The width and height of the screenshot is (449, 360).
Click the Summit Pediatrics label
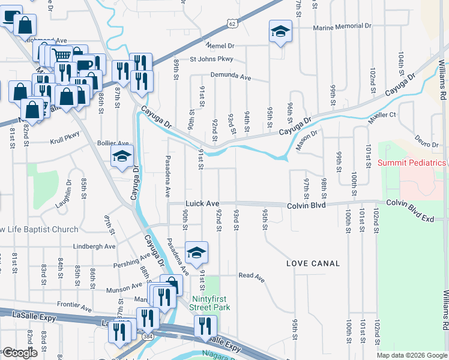(412, 163)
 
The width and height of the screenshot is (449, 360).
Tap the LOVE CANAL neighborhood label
(313, 263)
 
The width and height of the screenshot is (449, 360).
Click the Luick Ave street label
(202, 204)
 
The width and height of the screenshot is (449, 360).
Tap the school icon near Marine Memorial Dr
(280, 31)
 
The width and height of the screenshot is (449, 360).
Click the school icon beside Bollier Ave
(122, 158)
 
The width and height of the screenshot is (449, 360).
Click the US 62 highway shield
(232, 23)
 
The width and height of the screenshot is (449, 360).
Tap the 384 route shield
(147, 337)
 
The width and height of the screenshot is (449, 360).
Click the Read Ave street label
(252, 276)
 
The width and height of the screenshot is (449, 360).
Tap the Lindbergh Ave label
(94, 247)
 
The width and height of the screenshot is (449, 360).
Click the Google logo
(19, 353)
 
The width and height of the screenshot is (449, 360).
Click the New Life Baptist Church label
(39, 230)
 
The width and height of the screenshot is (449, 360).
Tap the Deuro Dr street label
(427, 139)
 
